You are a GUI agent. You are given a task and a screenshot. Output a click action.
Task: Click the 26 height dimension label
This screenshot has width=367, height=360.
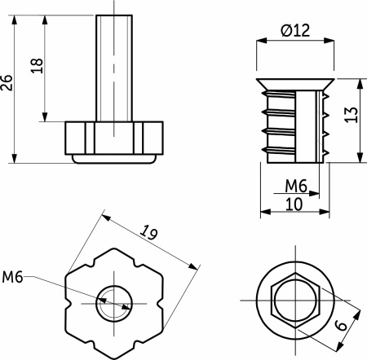click(x=7, y=83)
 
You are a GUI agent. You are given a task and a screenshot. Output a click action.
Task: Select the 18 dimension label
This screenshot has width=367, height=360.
click(x=37, y=66)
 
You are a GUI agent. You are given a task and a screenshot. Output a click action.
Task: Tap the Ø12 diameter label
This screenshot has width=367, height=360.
click(x=295, y=30)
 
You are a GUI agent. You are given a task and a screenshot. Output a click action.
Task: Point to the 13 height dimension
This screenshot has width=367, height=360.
click(x=352, y=115)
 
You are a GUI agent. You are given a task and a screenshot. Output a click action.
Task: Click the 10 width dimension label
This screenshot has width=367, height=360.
click(x=294, y=204)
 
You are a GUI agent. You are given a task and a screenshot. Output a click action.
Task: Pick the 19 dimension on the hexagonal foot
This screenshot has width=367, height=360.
click(x=148, y=232)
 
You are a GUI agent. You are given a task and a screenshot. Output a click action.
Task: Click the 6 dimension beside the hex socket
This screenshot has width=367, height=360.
click(x=341, y=325)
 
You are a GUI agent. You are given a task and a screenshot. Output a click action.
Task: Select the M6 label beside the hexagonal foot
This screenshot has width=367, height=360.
click(x=12, y=277)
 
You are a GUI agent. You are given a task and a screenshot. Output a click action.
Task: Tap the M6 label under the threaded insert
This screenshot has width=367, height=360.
click(x=296, y=186)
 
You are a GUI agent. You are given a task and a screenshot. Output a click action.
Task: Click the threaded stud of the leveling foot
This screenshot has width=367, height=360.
click(x=114, y=68)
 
